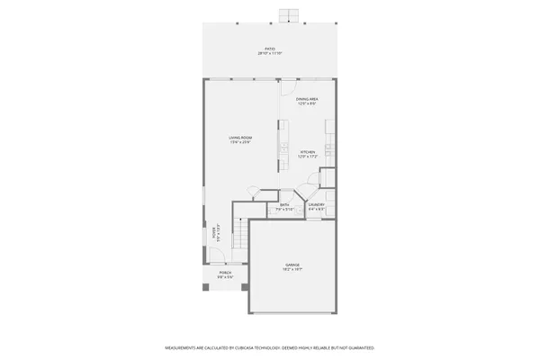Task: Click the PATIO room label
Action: (269, 49)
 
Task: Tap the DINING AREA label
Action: (307, 99)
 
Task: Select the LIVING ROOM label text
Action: (239, 138)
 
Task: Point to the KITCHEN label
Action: (308, 152)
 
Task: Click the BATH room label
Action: (284, 205)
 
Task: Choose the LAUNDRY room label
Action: (316, 205)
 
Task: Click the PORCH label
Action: (225, 274)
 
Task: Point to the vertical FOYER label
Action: (213, 233)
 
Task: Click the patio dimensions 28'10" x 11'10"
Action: (269, 54)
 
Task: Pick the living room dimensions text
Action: (239, 142)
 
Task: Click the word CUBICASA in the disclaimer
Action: (243, 346)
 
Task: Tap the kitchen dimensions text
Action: (308, 157)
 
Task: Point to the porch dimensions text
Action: (225, 278)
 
